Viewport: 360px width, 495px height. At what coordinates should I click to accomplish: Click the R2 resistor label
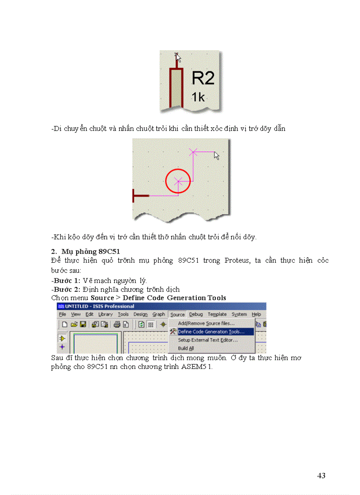(x=203, y=78)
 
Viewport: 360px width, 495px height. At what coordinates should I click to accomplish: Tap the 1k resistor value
(x=198, y=97)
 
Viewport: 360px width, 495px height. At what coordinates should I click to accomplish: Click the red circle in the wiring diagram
(x=178, y=180)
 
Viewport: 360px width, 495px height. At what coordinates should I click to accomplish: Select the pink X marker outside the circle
(x=193, y=152)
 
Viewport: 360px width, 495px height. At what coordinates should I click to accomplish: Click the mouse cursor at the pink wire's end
(x=216, y=155)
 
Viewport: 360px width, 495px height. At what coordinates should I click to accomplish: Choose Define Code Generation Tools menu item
(x=210, y=331)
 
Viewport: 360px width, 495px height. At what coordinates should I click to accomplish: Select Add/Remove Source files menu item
(x=206, y=323)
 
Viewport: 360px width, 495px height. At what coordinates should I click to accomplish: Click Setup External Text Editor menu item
(x=207, y=340)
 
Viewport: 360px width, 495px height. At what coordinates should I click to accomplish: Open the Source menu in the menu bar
(x=177, y=314)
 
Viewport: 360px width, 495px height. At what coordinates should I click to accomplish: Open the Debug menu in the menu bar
(x=196, y=314)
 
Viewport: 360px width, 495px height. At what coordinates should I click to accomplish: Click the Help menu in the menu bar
(x=256, y=314)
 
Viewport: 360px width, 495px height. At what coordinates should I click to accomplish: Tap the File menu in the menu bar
(x=63, y=314)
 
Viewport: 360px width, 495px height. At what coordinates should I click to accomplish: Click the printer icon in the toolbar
(x=117, y=324)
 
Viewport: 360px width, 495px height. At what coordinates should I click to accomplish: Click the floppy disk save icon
(x=82, y=324)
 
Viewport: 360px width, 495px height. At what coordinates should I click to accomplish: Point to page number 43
(x=321, y=476)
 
